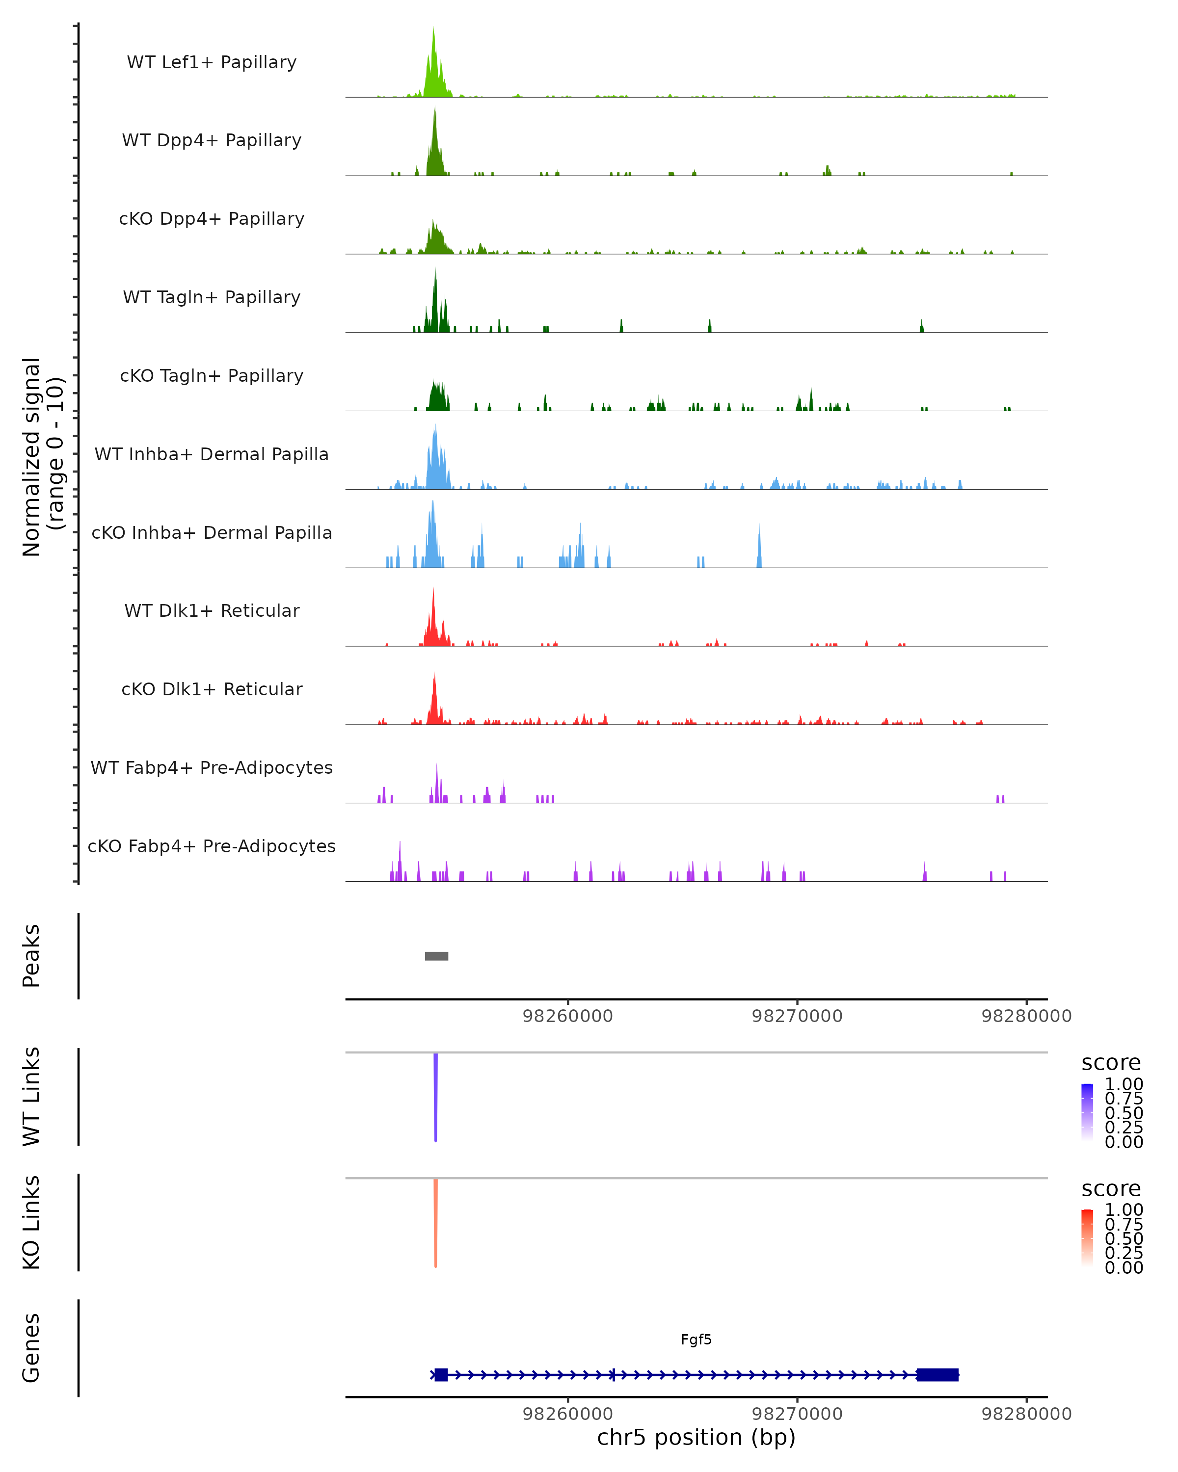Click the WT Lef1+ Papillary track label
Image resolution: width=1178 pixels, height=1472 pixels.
[212, 62]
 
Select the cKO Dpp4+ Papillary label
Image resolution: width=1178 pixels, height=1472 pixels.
[212, 218]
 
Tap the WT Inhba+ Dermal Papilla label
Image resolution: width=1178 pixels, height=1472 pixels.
[212, 454]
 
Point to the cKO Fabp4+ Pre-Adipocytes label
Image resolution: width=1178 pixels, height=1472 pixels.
[212, 846]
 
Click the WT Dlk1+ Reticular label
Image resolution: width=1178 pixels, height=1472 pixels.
[212, 610]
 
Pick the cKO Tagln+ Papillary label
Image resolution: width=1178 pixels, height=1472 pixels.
[212, 375]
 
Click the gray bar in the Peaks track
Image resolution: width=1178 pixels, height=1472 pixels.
[436, 956]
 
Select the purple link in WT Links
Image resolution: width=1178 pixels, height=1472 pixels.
[436, 1096]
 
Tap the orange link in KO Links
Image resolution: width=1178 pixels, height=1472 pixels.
[436, 1222]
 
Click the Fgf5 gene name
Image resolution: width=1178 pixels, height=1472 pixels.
[696, 1340]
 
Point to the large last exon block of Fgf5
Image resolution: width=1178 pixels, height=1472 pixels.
[937, 1374]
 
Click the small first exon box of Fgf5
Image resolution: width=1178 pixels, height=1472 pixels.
[441, 1374]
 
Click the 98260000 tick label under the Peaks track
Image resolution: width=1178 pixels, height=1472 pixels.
[567, 1016]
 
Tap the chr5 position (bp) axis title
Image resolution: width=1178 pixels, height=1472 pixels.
[696, 1437]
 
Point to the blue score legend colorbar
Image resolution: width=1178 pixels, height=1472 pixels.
[1087, 1111]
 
